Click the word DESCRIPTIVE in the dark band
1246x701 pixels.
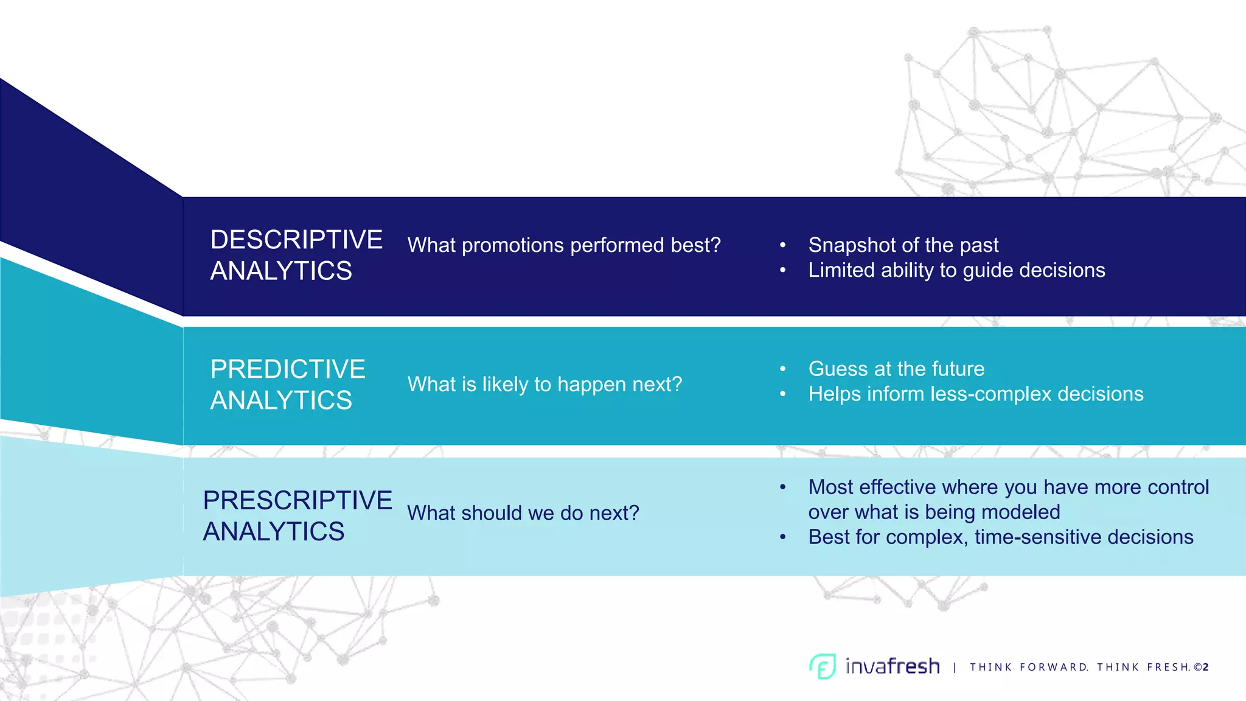coord(296,240)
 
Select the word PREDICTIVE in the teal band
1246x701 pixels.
coord(288,369)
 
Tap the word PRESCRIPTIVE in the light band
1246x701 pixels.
coord(298,501)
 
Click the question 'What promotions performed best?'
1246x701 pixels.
coord(564,245)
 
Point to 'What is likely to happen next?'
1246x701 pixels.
coord(545,385)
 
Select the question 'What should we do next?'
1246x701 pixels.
coord(523,513)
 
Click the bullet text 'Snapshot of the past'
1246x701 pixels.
coord(903,245)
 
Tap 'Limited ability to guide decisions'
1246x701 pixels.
coord(956,270)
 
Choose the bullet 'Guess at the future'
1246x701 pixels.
coord(896,369)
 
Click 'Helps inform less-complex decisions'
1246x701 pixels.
coord(975,394)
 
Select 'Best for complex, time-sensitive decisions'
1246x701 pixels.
coord(1001,537)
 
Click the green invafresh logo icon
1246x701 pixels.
coord(823,666)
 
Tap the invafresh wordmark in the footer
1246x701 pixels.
coord(893,667)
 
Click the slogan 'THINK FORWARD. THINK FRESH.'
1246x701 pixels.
coord(1080,668)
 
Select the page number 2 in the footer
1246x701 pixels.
coord(1206,668)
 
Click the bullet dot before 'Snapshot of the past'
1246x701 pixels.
coord(783,245)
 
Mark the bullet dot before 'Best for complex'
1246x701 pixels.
coord(783,537)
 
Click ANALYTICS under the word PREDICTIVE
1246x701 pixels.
coord(281,400)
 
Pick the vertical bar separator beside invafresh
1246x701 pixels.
coord(955,668)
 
